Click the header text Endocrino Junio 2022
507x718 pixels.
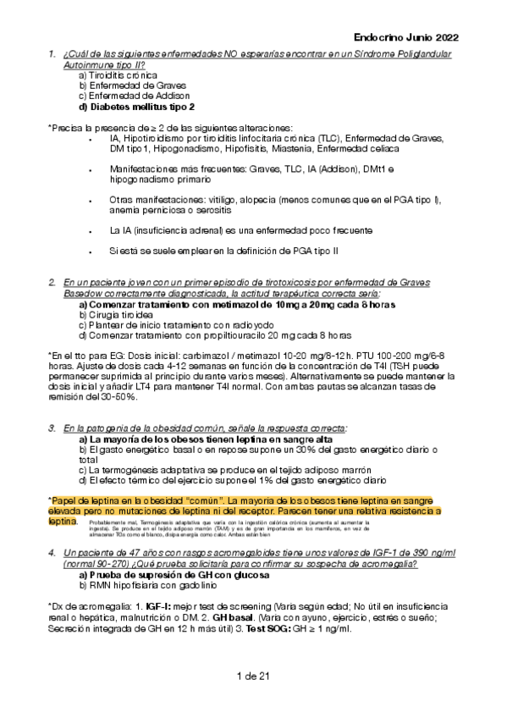(405, 37)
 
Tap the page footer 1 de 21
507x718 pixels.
(253, 675)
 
